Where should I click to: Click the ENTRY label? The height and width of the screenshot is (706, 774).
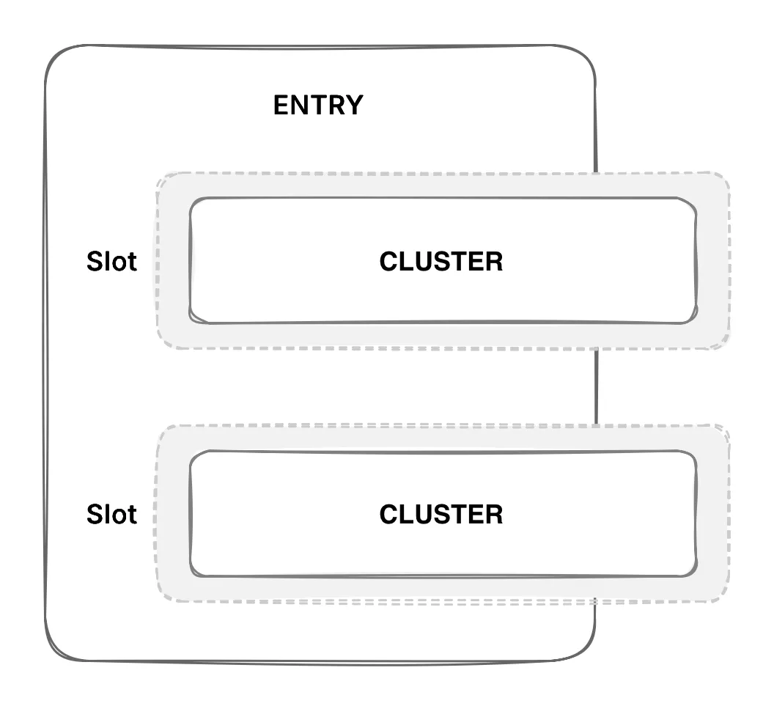[317, 106]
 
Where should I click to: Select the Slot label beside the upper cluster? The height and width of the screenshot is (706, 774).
[111, 262]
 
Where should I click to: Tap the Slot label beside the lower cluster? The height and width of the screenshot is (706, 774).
[111, 515]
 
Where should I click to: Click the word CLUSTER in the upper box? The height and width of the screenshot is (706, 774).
[441, 262]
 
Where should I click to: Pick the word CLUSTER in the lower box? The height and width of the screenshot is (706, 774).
[441, 515]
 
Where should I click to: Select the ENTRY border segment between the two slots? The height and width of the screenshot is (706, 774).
[596, 386]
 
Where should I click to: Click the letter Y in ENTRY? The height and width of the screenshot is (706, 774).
[355, 106]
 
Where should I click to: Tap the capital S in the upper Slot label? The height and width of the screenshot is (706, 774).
[95, 262]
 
